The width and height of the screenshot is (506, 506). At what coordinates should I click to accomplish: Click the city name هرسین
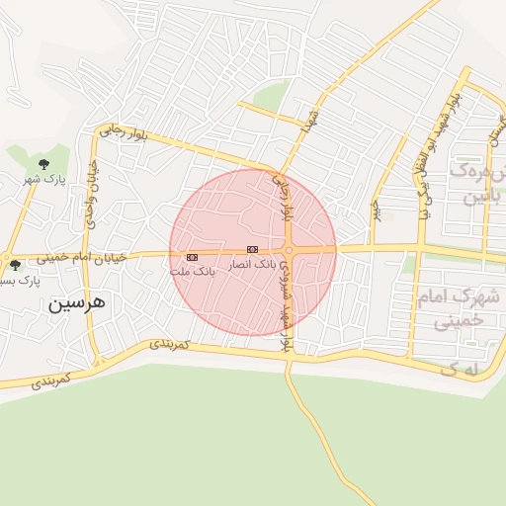tap(74, 304)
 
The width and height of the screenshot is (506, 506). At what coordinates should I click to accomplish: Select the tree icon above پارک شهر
tap(43, 163)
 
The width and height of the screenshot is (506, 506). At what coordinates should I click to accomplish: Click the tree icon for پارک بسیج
tap(14, 265)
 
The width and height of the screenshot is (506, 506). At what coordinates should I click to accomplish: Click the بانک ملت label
tap(192, 271)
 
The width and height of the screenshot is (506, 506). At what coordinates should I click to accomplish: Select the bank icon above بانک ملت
tap(192, 257)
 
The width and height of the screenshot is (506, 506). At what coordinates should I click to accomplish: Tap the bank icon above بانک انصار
tap(252, 250)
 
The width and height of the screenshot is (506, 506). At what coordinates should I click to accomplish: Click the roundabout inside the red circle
tap(289, 251)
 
